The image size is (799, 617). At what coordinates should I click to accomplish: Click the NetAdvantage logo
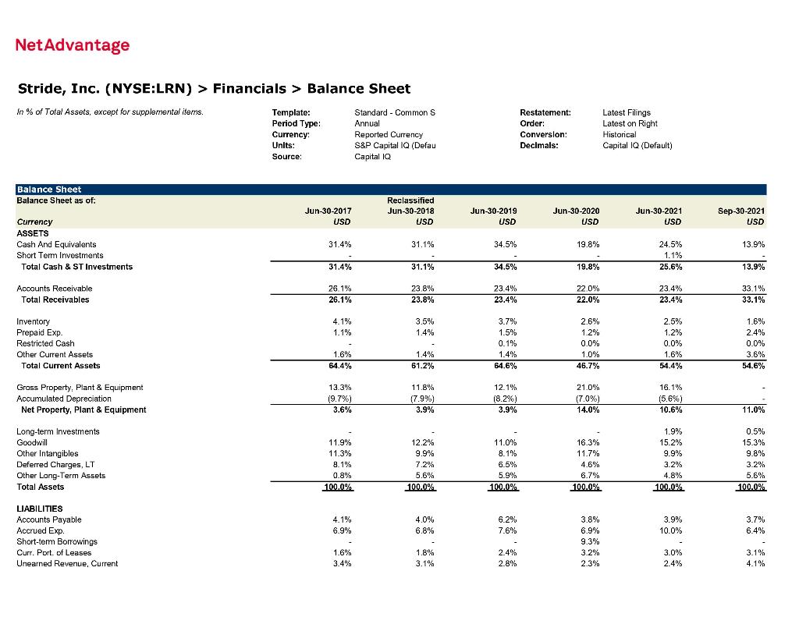click(73, 45)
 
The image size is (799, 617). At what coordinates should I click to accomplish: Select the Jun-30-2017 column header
click(329, 211)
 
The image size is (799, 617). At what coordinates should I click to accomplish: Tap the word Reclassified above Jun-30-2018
click(410, 200)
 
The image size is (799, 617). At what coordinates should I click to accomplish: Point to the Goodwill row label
click(30, 442)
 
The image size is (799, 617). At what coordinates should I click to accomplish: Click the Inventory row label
click(33, 321)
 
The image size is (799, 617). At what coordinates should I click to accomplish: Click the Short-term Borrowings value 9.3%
click(589, 541)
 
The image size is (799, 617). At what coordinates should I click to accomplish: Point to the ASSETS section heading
click(32, 233)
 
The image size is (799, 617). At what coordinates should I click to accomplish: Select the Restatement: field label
click(545, 112)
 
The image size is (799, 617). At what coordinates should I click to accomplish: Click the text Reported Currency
click(388, 134)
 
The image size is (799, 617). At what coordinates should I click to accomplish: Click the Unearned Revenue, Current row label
click(67, 563)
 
